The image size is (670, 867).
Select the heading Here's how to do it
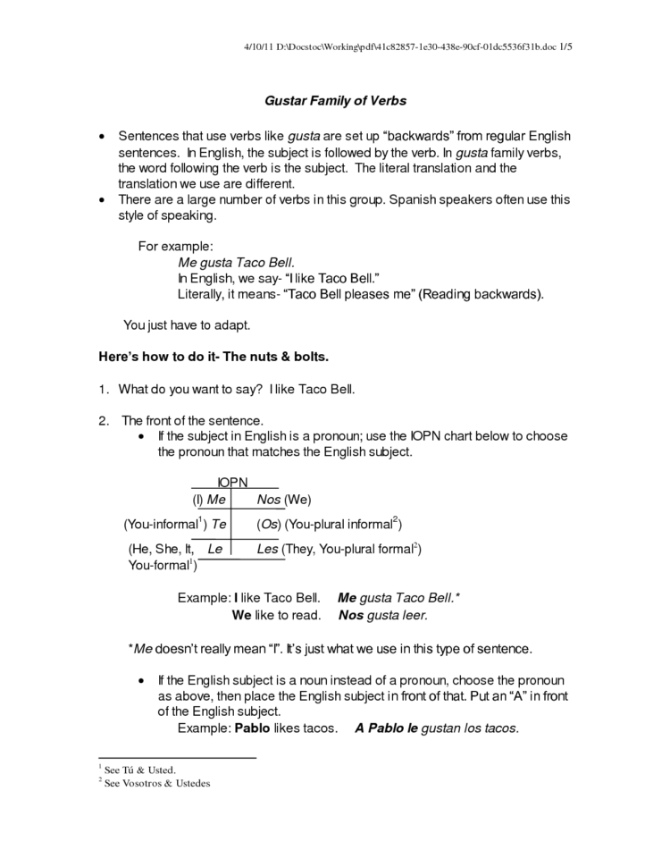214,357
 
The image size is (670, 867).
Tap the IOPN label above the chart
232,483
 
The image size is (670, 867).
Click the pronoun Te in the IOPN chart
219,524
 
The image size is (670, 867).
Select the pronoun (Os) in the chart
269,524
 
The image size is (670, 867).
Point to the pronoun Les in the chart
267,549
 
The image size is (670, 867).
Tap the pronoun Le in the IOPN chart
214,549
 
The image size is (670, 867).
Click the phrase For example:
175,246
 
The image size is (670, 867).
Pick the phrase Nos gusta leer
383,615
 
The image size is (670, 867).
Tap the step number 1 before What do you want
102,389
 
